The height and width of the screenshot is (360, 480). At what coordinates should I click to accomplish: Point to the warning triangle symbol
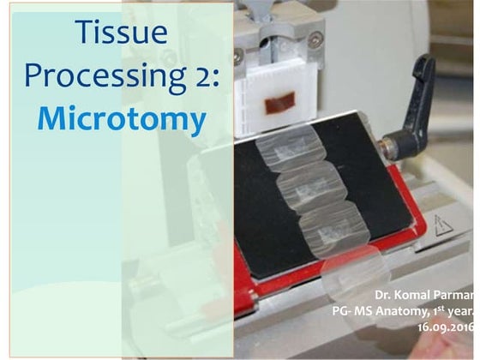point(444,225)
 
